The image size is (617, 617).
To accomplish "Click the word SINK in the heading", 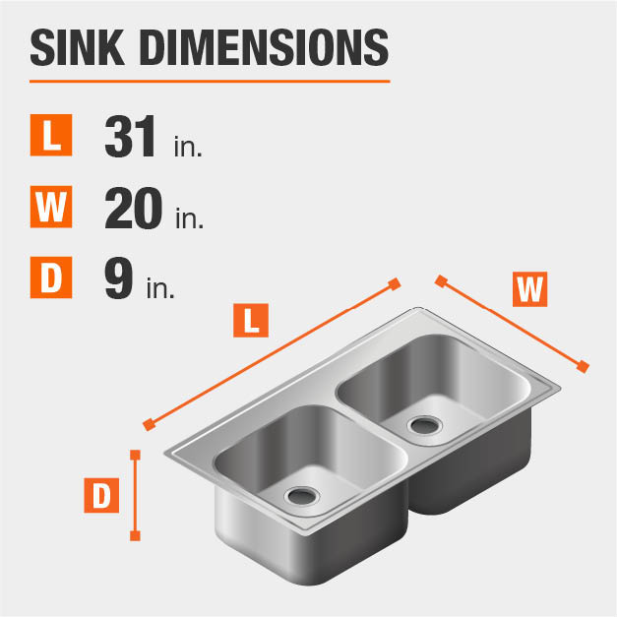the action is point(77,47).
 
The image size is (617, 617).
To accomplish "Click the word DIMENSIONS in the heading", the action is point(264,47).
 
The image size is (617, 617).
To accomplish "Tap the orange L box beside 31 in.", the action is point(51,135).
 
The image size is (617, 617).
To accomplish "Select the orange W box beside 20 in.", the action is point(51,207).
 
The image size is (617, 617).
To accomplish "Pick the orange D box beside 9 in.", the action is point(51,278).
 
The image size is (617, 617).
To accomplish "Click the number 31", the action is point(130,136).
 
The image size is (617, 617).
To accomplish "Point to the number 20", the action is point(134,208).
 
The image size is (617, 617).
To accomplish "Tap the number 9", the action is point(118,278).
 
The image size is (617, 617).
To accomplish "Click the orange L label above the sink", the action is point(251,320).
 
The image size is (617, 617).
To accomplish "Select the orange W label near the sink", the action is point(529,289).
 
